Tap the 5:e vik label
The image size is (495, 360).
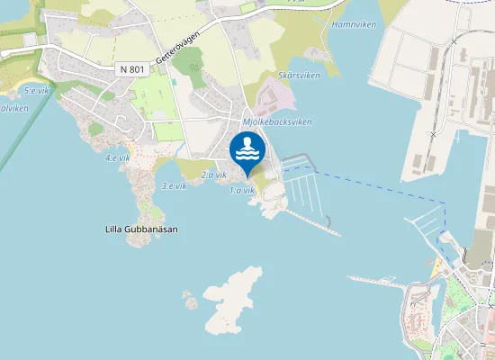pyautogui.click(x=35, y=90)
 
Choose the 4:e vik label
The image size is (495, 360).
pyautogui.click(x=116, y=157)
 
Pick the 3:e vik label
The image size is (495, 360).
pyautogui.click(x=174, y=185)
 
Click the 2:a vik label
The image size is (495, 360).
pyautogui.click(x=213, y=175)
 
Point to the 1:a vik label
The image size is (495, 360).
pyautogui.click(x=241, y=191)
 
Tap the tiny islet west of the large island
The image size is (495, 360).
pyautogui.click(x=189, y=299)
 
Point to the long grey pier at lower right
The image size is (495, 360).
pyautogui.click(x=378, y=281)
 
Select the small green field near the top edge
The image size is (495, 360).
pyautogui.click(x=247, y=8)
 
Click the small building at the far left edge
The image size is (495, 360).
pyautogui.click(x=30, y=40)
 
